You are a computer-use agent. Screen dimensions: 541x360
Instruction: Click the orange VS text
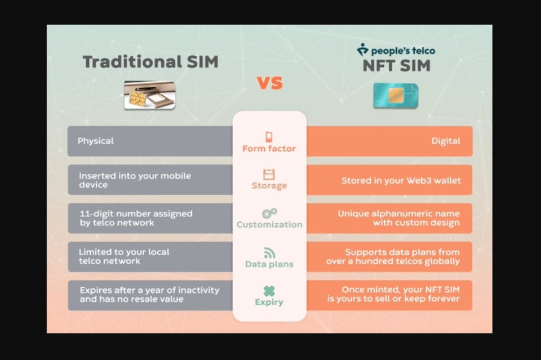(270, 83)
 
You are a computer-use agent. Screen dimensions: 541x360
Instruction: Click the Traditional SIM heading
(150, 62)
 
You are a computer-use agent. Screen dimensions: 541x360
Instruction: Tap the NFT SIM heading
(396, 65)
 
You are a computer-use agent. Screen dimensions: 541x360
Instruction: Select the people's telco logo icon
(362, 50)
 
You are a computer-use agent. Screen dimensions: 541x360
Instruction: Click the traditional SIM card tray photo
(150, 95)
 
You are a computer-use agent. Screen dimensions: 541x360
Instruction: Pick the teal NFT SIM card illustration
(396, 96)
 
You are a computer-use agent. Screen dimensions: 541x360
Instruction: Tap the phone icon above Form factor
(269, 136)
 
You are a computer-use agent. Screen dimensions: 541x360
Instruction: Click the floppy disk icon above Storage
(269, 175)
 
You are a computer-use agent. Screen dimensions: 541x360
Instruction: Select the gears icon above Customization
(269, 213)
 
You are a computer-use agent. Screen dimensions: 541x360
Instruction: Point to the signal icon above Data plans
(269, 253)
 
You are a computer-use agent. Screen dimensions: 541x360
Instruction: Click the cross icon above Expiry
(269, 291)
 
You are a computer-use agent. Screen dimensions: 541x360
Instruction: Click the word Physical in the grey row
(96, 141)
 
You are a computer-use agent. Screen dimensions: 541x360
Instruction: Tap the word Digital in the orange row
(446, 141)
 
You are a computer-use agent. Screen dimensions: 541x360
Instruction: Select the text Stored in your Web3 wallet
(401, 181)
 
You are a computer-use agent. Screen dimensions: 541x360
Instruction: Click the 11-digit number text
(136, 218)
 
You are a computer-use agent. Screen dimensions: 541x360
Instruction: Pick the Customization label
(269, 224)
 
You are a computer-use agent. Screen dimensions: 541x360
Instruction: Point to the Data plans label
(269, 264)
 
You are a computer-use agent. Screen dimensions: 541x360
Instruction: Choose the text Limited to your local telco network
(124, 256)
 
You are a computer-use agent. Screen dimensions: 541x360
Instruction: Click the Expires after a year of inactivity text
(149, 295)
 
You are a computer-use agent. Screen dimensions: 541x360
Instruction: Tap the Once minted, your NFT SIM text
(393, 294)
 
